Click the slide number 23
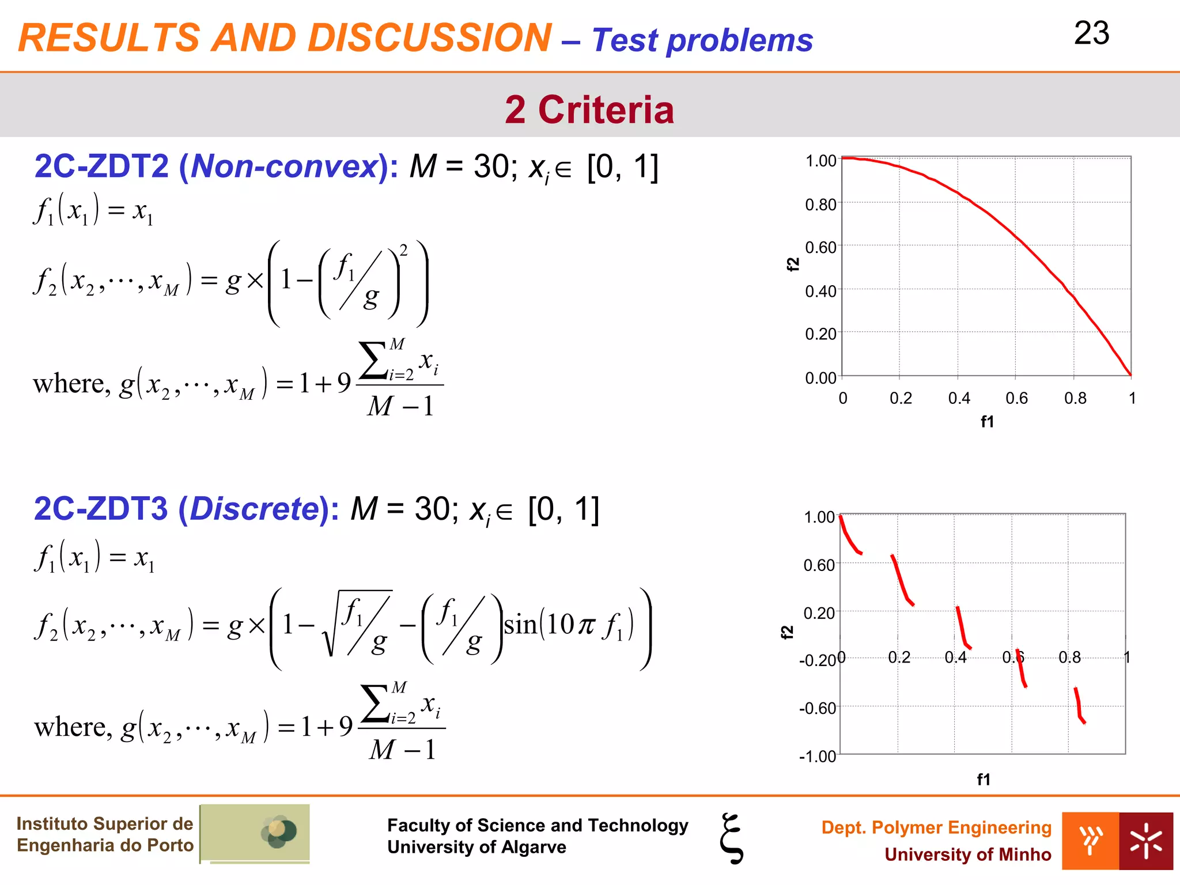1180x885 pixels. (1091, 33)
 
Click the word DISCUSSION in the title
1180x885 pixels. (429, 38)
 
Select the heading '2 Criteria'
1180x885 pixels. (589, 109)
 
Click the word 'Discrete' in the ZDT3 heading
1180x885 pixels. (254, 509)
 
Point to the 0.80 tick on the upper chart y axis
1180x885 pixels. (820, 204)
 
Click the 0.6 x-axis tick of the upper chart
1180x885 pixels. (1016, 398)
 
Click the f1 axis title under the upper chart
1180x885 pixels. (987, 422)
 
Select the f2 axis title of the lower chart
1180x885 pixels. (787, 632)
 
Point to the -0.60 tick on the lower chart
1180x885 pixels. (817, 708)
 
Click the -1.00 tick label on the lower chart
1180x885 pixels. (817, 756)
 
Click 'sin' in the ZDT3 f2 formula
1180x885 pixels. (520, 625)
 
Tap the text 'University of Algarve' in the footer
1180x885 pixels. (476, 847)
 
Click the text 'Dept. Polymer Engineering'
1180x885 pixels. (936, 827)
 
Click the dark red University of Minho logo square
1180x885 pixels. (1145, 841)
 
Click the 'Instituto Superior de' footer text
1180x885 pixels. (104, 823)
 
